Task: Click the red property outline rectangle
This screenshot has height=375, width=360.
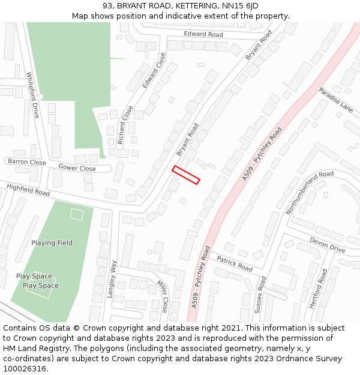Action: [186, 175]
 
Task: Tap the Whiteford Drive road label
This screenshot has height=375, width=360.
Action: [32, 95]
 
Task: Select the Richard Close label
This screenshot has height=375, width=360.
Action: [125, 125]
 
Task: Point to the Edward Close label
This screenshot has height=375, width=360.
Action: [154, 71]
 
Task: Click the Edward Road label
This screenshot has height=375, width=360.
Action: [203, 34]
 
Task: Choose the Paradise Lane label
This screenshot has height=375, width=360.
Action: [335, 100]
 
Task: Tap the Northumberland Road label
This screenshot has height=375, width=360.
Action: [310, 193]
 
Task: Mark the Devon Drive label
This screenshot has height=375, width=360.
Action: [327, 245]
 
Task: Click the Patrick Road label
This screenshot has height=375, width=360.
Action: [235, 263]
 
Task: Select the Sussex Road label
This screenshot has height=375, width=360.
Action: [260, 295]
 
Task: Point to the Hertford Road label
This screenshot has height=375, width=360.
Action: [319, 289]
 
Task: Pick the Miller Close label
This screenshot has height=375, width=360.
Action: [163, 296]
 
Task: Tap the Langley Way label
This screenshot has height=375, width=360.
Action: [111, 279]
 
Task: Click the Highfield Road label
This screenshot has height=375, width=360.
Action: [28, 190]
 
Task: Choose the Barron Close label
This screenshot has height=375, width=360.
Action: [26, 162]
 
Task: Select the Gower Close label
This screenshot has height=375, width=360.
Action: [77, 168]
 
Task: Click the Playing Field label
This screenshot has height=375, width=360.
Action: [52, 243]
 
